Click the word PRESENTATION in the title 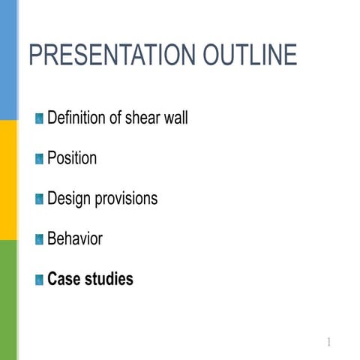112,55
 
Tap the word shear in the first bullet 146,118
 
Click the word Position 72,158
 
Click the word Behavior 75,239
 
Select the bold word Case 64,280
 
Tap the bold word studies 109,280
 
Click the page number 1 328,343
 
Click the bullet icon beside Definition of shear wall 39,118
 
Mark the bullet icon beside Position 39,159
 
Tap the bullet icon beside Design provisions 39,199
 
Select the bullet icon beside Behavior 39,240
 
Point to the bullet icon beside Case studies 39,280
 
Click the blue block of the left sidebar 8,60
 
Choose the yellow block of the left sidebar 8,180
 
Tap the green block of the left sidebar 8,300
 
